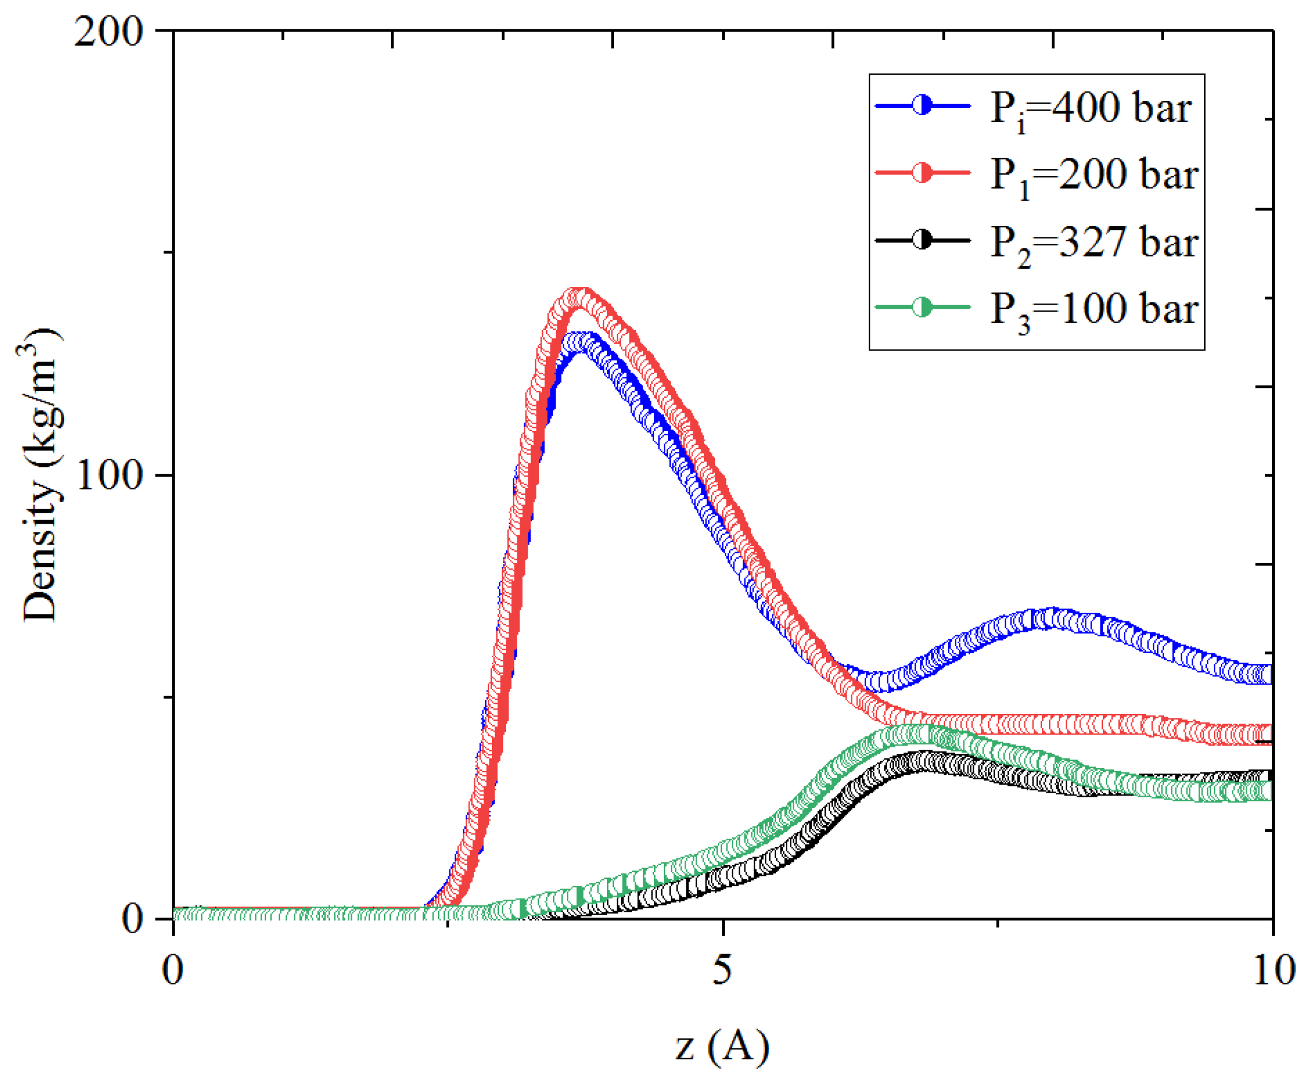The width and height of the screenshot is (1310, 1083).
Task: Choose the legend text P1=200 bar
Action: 1093,175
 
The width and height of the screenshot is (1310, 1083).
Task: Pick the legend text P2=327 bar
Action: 1093,243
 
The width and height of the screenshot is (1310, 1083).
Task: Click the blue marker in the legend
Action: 922,105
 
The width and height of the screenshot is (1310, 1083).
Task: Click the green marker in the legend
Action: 922,307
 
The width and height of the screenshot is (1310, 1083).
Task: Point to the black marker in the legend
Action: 922,240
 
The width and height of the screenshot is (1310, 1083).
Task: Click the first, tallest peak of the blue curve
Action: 580,342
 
